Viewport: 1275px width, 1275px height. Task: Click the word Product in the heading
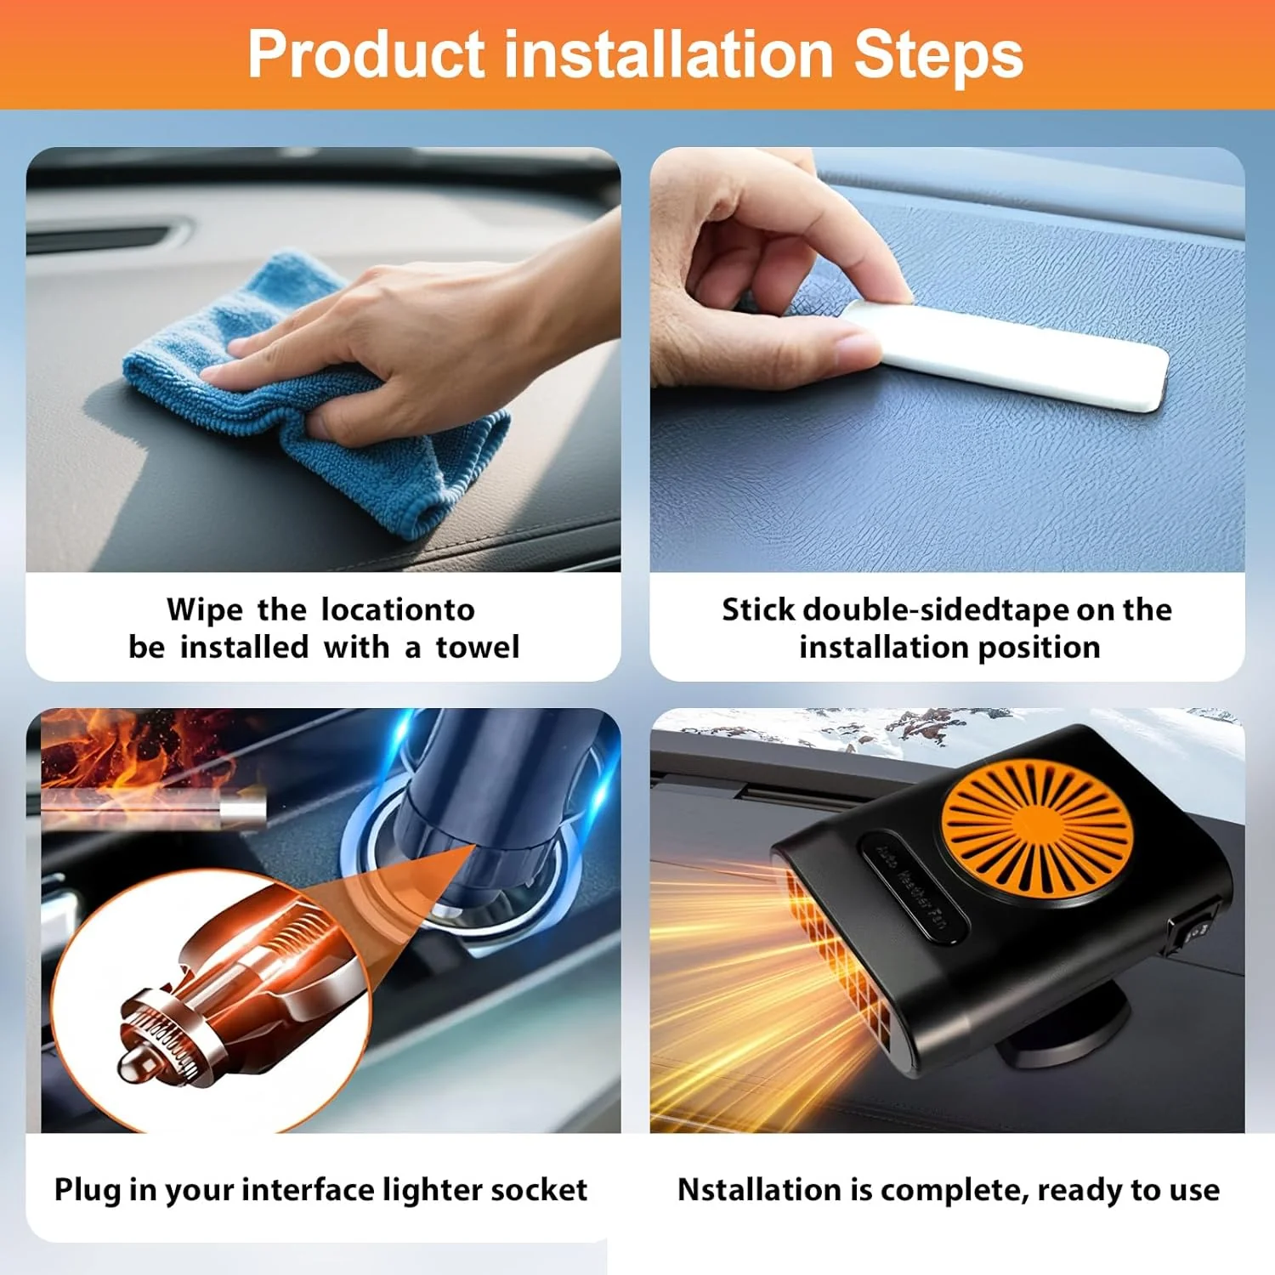click(366, 54)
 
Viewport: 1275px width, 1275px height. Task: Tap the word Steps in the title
click(938, 54)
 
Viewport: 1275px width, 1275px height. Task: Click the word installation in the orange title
click(669, 54)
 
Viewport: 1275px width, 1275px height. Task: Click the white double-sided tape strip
click(1011, 357)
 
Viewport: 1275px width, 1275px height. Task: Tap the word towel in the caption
click(477, 648)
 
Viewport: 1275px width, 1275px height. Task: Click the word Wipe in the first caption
click(204, 611)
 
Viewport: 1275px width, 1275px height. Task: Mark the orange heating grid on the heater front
click(837, 960)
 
